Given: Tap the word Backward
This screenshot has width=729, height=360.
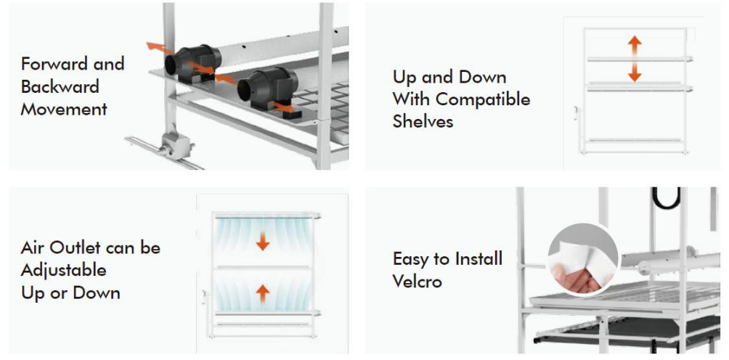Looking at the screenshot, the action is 60,86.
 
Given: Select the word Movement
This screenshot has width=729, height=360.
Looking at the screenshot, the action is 64,109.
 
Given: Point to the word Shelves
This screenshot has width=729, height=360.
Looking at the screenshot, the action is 423,121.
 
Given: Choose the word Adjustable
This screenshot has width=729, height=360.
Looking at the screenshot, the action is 64,271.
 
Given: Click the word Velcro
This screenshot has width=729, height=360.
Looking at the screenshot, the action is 417,281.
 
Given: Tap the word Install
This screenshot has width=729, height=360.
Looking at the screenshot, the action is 478,258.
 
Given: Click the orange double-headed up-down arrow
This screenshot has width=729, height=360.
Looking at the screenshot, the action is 635,59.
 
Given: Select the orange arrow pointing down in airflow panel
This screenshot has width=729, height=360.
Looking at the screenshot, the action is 263,242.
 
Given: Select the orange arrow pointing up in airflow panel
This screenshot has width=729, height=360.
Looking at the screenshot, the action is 263,294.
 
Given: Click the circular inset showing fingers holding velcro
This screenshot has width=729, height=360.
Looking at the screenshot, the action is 582,260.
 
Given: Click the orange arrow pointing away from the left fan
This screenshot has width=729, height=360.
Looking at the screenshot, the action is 156,46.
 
